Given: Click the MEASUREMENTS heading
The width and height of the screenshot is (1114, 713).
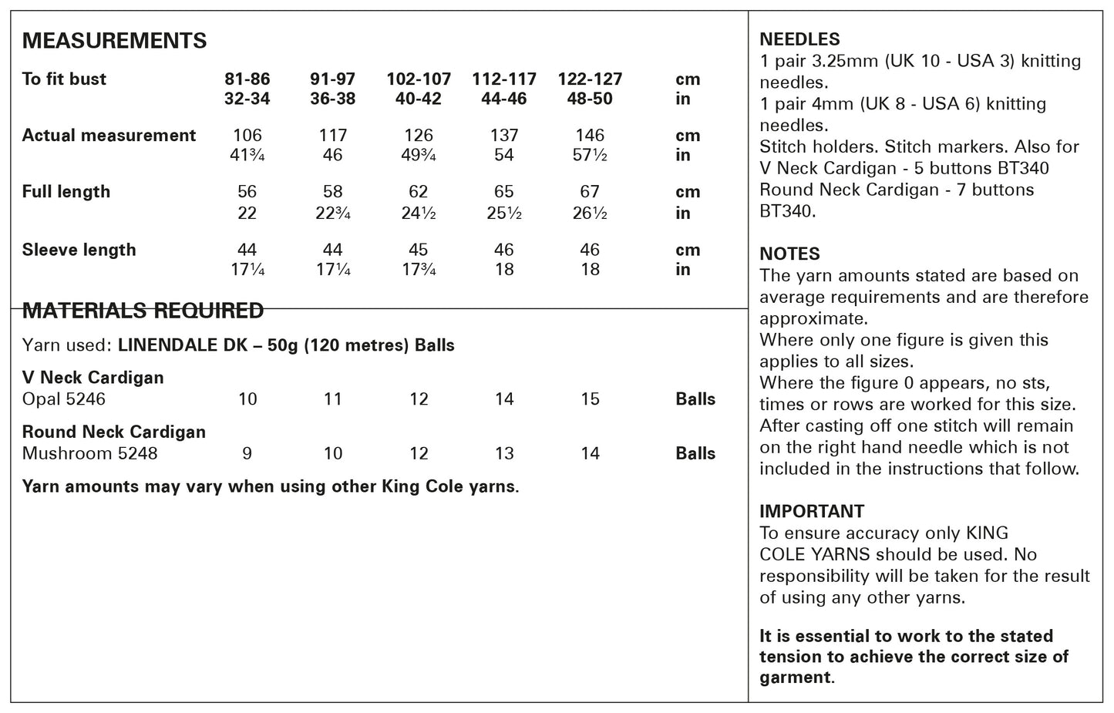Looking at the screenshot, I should [114, 41].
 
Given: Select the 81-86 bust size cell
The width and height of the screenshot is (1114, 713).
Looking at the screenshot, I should [247, 79].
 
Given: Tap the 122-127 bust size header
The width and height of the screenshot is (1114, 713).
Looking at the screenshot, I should [590, 79].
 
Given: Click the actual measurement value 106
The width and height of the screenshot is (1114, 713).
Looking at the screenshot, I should [247, 136].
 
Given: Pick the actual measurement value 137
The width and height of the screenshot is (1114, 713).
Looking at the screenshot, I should [504, 136].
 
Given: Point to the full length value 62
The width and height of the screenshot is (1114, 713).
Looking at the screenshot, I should [419, 192].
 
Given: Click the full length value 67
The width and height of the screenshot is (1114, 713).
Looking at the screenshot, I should [590, 192].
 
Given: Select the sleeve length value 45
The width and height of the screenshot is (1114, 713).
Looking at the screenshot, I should [419, 250].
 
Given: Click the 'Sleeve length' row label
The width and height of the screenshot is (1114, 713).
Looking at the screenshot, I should [79, 250].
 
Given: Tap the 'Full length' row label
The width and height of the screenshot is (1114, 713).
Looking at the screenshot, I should [66, 192].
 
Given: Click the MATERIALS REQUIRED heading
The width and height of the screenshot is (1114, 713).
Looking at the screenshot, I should [143, 311].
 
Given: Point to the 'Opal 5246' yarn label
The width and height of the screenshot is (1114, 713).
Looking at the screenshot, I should [63, 399].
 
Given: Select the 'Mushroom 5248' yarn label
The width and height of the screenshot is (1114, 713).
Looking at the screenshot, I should [89, 453].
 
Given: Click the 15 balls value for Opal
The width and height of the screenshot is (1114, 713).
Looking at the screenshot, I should [590, 399].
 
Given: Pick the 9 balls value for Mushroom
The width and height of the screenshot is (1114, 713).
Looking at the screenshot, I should [247, 453].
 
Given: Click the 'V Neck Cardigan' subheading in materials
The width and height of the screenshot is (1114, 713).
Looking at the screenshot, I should [93, 378].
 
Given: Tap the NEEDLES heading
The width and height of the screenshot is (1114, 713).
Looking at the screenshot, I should [799, 39].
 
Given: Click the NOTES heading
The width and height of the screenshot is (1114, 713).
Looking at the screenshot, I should [789, 254].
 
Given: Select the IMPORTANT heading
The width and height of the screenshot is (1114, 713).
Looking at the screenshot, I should [812, 511].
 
